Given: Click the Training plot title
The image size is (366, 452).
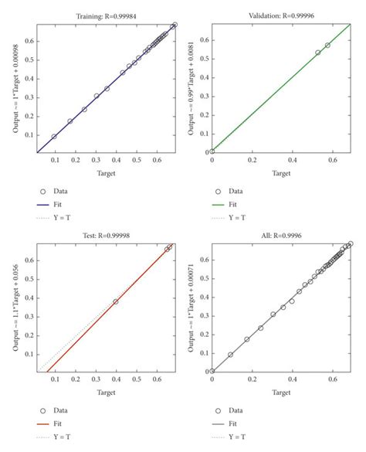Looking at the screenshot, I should pos(106,15).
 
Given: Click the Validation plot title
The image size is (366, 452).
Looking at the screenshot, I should pos(281,15).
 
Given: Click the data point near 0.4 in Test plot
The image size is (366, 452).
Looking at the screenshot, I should pos(116,301).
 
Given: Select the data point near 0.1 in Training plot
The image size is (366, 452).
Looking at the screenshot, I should pos(54,137).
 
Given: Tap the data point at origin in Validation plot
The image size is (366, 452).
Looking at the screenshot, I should pos(212,152).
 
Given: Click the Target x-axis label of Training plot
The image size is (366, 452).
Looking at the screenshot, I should pos(106,174).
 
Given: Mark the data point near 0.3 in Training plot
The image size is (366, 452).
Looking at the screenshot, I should pos(97,96).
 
